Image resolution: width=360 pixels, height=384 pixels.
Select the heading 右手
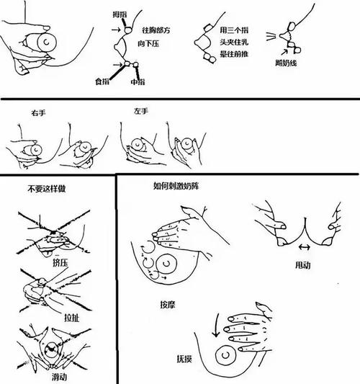tap(38, 114)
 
